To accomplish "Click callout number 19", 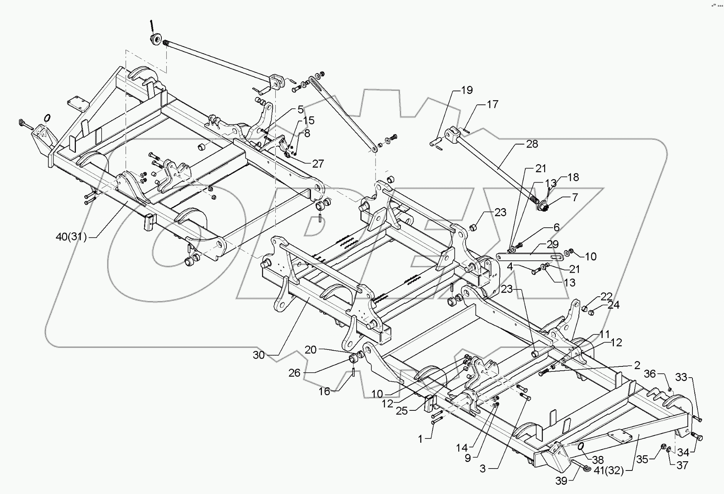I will (467, 90).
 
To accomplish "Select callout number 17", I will (493, 104).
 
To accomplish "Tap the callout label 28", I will (532, 144).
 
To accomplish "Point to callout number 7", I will (575, 197).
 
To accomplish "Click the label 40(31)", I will (71, 237).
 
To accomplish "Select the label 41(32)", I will (609, 471).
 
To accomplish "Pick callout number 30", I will (258, 355).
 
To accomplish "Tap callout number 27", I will (318, 163).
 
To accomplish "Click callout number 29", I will (552, 244).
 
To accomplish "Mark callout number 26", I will (295, 373).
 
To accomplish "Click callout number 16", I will (325, 391).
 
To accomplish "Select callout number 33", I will (682, 378).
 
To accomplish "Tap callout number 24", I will (613, 305).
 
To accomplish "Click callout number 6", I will (556, 227).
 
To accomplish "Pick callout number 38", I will (598, 460).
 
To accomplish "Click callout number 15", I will (309, 121).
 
